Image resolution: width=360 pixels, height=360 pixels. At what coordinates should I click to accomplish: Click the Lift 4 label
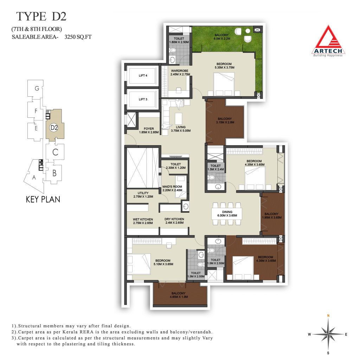click(x=143, y=76)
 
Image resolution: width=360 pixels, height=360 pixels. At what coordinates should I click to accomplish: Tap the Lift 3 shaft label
click(x=143, y=99)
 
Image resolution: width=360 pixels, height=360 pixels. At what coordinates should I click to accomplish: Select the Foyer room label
click(x=149, y=130)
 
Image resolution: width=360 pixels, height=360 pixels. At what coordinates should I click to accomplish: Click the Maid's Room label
click(x=172, y=188)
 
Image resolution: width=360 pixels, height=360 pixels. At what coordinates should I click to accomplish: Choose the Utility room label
click(x=143, y=195)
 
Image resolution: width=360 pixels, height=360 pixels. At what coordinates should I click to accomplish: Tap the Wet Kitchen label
click(x=143, y=221)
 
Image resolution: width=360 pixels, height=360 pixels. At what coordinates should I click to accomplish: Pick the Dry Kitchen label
click(x=174, y=221)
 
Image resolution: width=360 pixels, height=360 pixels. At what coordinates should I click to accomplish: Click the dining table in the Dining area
click(x=227, y=214)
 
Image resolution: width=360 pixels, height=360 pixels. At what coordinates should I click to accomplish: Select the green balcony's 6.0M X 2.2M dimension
click(x=222, y=39)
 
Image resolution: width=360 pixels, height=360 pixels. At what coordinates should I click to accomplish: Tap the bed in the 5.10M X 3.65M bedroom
click(x=139, y=264)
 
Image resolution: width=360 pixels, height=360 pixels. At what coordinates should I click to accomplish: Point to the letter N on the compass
click(x=328, y=316)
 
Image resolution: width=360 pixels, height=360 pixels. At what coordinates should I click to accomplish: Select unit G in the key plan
click(x=37, y=88)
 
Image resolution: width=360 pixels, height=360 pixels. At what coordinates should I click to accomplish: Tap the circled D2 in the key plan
click(x=54, y=127)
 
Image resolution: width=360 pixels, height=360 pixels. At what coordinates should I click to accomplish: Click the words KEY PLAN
click(x=43, y=199)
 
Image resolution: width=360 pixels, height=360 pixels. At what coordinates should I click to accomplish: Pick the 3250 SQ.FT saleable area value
click(x=78, y=37)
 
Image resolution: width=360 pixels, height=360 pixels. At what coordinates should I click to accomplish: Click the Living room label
click(x=181, y=129)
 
